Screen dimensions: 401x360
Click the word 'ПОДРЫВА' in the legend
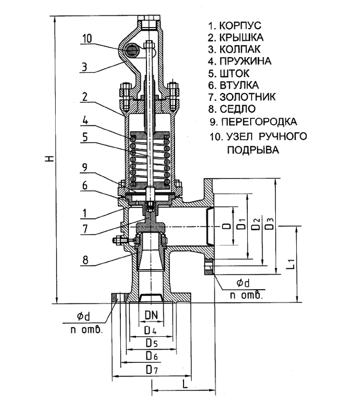(252, 150)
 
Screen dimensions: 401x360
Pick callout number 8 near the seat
(86, 260)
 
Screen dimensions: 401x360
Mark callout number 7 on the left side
(86, 231)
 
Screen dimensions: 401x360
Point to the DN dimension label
(152, 315)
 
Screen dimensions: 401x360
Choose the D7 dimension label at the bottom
(151, 370)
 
